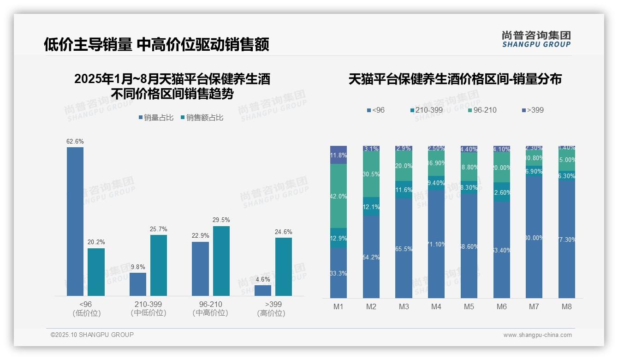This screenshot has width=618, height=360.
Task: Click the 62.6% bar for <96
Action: click(75, 222)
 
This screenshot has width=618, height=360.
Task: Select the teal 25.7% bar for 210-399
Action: click(159, 265)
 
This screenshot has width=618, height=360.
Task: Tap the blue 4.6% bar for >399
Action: click(263, 291)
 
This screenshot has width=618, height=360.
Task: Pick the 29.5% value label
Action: click(221, 220)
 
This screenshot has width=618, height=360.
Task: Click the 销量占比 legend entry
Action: click(156, 118)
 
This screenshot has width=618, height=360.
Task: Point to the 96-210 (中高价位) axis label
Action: click(210, 308)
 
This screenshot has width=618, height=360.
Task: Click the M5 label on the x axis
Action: click(469, 306)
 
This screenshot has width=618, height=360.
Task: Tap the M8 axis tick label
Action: click(567, 306)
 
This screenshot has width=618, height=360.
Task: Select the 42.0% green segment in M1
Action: click(339, 196)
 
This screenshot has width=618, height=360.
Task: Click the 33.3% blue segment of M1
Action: click(339, 273)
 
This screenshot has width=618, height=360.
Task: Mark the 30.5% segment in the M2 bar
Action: click(371, 174)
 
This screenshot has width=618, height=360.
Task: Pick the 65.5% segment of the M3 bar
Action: click(404, 248)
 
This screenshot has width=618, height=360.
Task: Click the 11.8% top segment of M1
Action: click(339, 155)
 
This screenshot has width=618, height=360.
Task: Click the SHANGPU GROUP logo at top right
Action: click(536, 39)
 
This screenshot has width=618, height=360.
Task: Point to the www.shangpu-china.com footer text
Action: click(537, 335)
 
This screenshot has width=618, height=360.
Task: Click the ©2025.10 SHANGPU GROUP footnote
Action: click(92, 335)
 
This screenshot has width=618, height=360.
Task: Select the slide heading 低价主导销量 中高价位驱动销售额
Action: click(156, 45)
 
